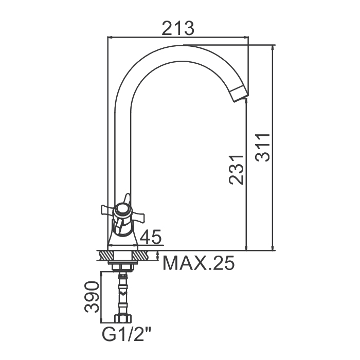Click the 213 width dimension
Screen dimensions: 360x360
[178, 28]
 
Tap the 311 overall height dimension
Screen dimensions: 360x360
[263, 148]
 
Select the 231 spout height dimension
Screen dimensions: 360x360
[236, 170]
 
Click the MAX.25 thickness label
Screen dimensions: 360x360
[199, 263]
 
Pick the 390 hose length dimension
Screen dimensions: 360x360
[92, 297]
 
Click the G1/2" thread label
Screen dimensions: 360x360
[127, 335]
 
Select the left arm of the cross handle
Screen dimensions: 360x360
[108, 209]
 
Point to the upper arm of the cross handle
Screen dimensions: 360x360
[127, 199]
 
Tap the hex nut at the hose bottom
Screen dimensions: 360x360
[123, 318]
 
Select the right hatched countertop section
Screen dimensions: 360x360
[140, 256]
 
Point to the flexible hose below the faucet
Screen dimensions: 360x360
[123, 293]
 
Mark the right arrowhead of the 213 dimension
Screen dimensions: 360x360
[246, 37]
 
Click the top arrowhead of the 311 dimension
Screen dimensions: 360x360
[273, 47]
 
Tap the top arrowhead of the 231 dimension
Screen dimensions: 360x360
[246, 100]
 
